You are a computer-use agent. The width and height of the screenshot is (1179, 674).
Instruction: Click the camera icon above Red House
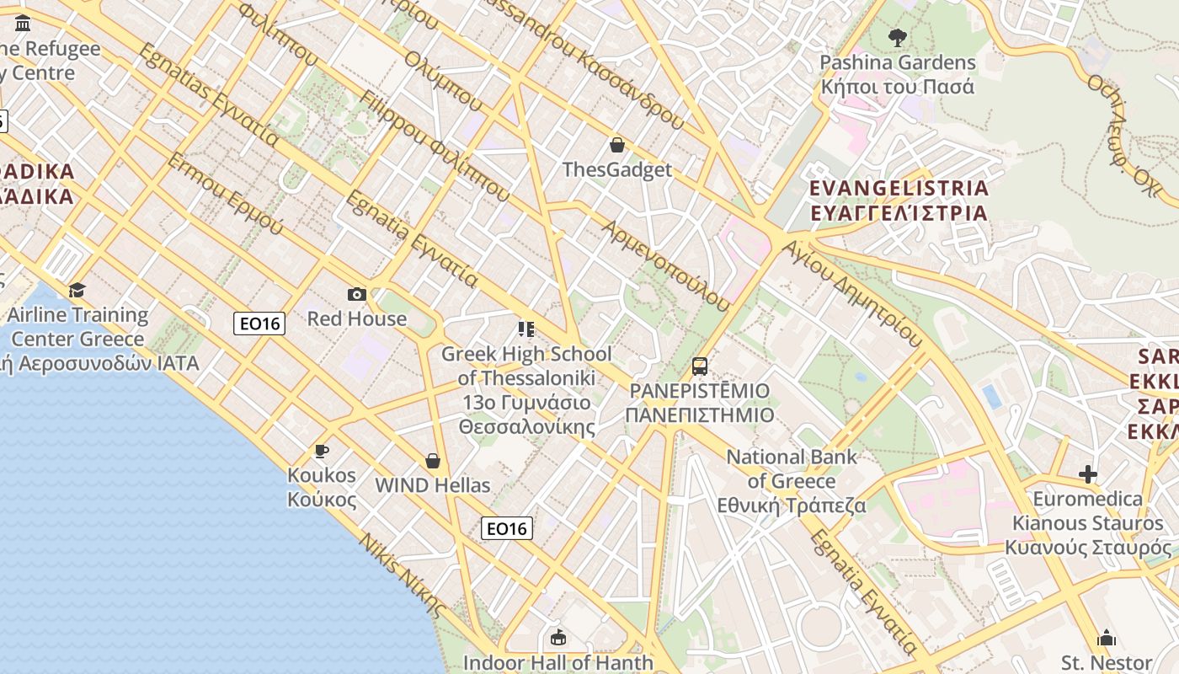pos(357,294)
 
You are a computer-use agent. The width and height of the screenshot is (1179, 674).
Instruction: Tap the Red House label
pos(357,319)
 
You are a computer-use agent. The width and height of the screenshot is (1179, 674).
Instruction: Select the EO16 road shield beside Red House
pos(259,324)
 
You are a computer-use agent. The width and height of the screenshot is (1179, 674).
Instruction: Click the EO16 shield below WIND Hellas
pos(507,528)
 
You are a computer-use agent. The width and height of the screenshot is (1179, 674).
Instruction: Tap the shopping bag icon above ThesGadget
pos(617,145)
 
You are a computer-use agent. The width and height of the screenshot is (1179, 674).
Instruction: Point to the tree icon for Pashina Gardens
pos(897,37)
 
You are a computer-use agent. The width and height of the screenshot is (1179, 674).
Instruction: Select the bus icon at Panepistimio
pos(699,366)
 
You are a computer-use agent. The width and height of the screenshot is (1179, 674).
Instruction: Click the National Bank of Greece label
pos(792,481)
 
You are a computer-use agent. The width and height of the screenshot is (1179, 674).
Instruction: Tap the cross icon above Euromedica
pos(1088,474)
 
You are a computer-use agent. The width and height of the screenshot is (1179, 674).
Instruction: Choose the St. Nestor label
pos(1107,662)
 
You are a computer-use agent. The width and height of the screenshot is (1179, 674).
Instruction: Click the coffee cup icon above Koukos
pos(322,452)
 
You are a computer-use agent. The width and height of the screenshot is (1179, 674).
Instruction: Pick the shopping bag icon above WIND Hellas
pos(433,461)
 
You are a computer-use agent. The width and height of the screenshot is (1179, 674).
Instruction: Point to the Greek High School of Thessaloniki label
pos(526,390)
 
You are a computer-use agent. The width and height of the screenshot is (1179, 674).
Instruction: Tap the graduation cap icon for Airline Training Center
pos(77,290)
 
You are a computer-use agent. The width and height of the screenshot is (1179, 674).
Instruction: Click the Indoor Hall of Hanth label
pos(557,662)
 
